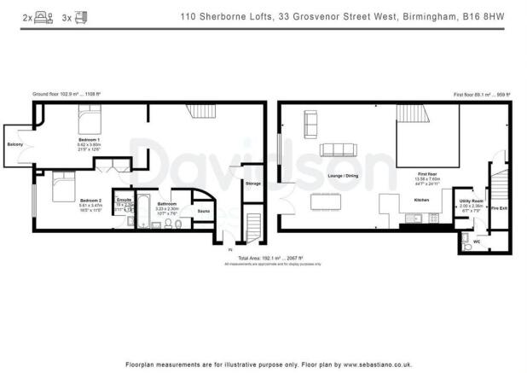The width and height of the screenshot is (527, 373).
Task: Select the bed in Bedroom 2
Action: click(x=65, y=185)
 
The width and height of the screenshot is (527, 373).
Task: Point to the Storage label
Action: click(x=252, y=184)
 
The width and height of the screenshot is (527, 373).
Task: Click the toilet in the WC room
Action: click(x=465, y=242)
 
